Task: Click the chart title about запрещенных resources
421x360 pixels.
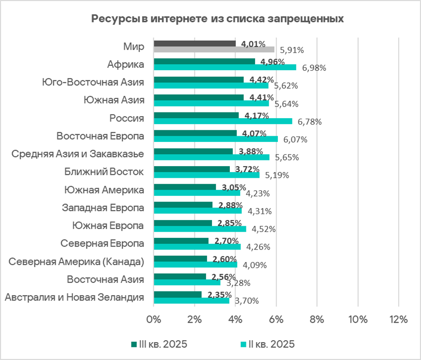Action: pyautogui.click(x=217, y=19)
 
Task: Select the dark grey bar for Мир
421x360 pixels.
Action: pyautogui.click(x=194, y=43)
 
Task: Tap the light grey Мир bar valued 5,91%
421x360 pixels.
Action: pyautogui.click(x=213, y=49)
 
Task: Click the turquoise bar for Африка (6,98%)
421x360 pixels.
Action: pyautogui.click(x=224, y=67)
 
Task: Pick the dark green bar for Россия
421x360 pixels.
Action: pyautogui.click(x=195, y=115)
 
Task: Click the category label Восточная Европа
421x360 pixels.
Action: pyautogui.click(x=100, y=136)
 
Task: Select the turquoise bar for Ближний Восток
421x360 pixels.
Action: pyautogui.click(x=206, y=175)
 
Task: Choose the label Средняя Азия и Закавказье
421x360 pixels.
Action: pyautogui.click(x=78, y=154)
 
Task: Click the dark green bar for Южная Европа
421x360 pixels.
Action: pyautogui.click(x=182, y=223)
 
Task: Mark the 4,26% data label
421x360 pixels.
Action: pyautogui.click(x=258, y=247)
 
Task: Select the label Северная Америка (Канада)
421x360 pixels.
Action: pyautogui.click(x=77, y=262)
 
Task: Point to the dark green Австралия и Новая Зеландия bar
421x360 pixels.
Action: pyautogui.click(x=177, y=295)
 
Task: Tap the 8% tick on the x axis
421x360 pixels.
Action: pyautogui.click(x=316, y=320)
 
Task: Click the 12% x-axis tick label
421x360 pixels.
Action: pyautogui.click(x=398, y=320)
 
